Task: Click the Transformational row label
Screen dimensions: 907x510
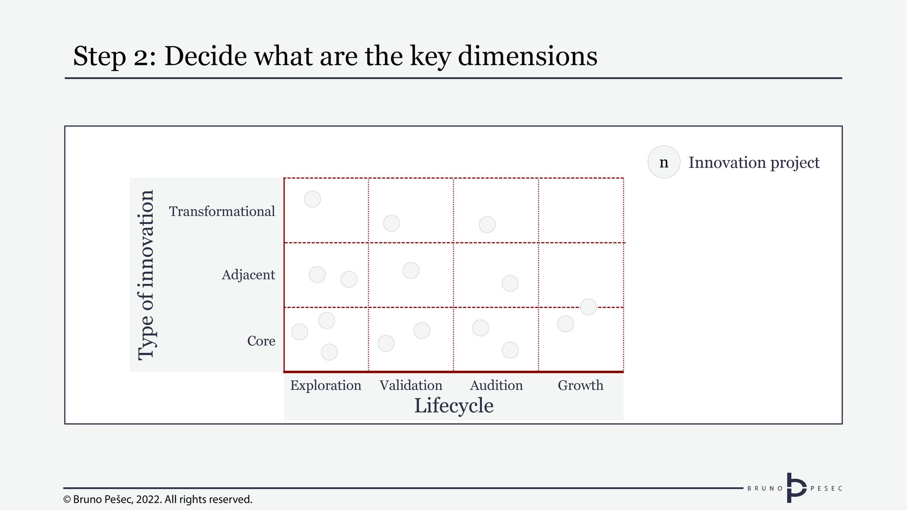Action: pos(222,211)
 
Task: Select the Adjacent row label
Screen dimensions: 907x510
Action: pos(248,275)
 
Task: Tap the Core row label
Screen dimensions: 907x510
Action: pos(261,340)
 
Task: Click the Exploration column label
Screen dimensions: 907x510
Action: pos(326,386)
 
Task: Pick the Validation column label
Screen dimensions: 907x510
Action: pos(411,385)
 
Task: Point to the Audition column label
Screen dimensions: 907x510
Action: pos(496,385)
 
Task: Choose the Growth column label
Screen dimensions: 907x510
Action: pos(580,385)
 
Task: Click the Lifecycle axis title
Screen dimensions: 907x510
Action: pos(453,406)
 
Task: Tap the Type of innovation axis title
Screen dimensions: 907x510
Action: pos(146,275)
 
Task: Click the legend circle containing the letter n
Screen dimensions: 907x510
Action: pos(664,162)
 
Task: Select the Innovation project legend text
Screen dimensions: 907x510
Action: pos(754,162)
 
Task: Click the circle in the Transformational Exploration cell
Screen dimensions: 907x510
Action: pos(312,199)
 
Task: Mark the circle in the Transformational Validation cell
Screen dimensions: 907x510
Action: pos(391,223)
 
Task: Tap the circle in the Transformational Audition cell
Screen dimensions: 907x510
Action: pos(487,224)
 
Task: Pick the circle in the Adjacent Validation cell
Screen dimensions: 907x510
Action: pos(411,271)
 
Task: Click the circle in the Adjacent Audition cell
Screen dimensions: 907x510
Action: pos(510,283)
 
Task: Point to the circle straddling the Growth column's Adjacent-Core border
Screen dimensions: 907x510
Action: pos(589,307)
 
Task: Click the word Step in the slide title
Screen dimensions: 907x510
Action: pos(99,56)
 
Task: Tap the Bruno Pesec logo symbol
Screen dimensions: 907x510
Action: pos(796,488)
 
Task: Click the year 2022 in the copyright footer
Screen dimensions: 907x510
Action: pos(148,500)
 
